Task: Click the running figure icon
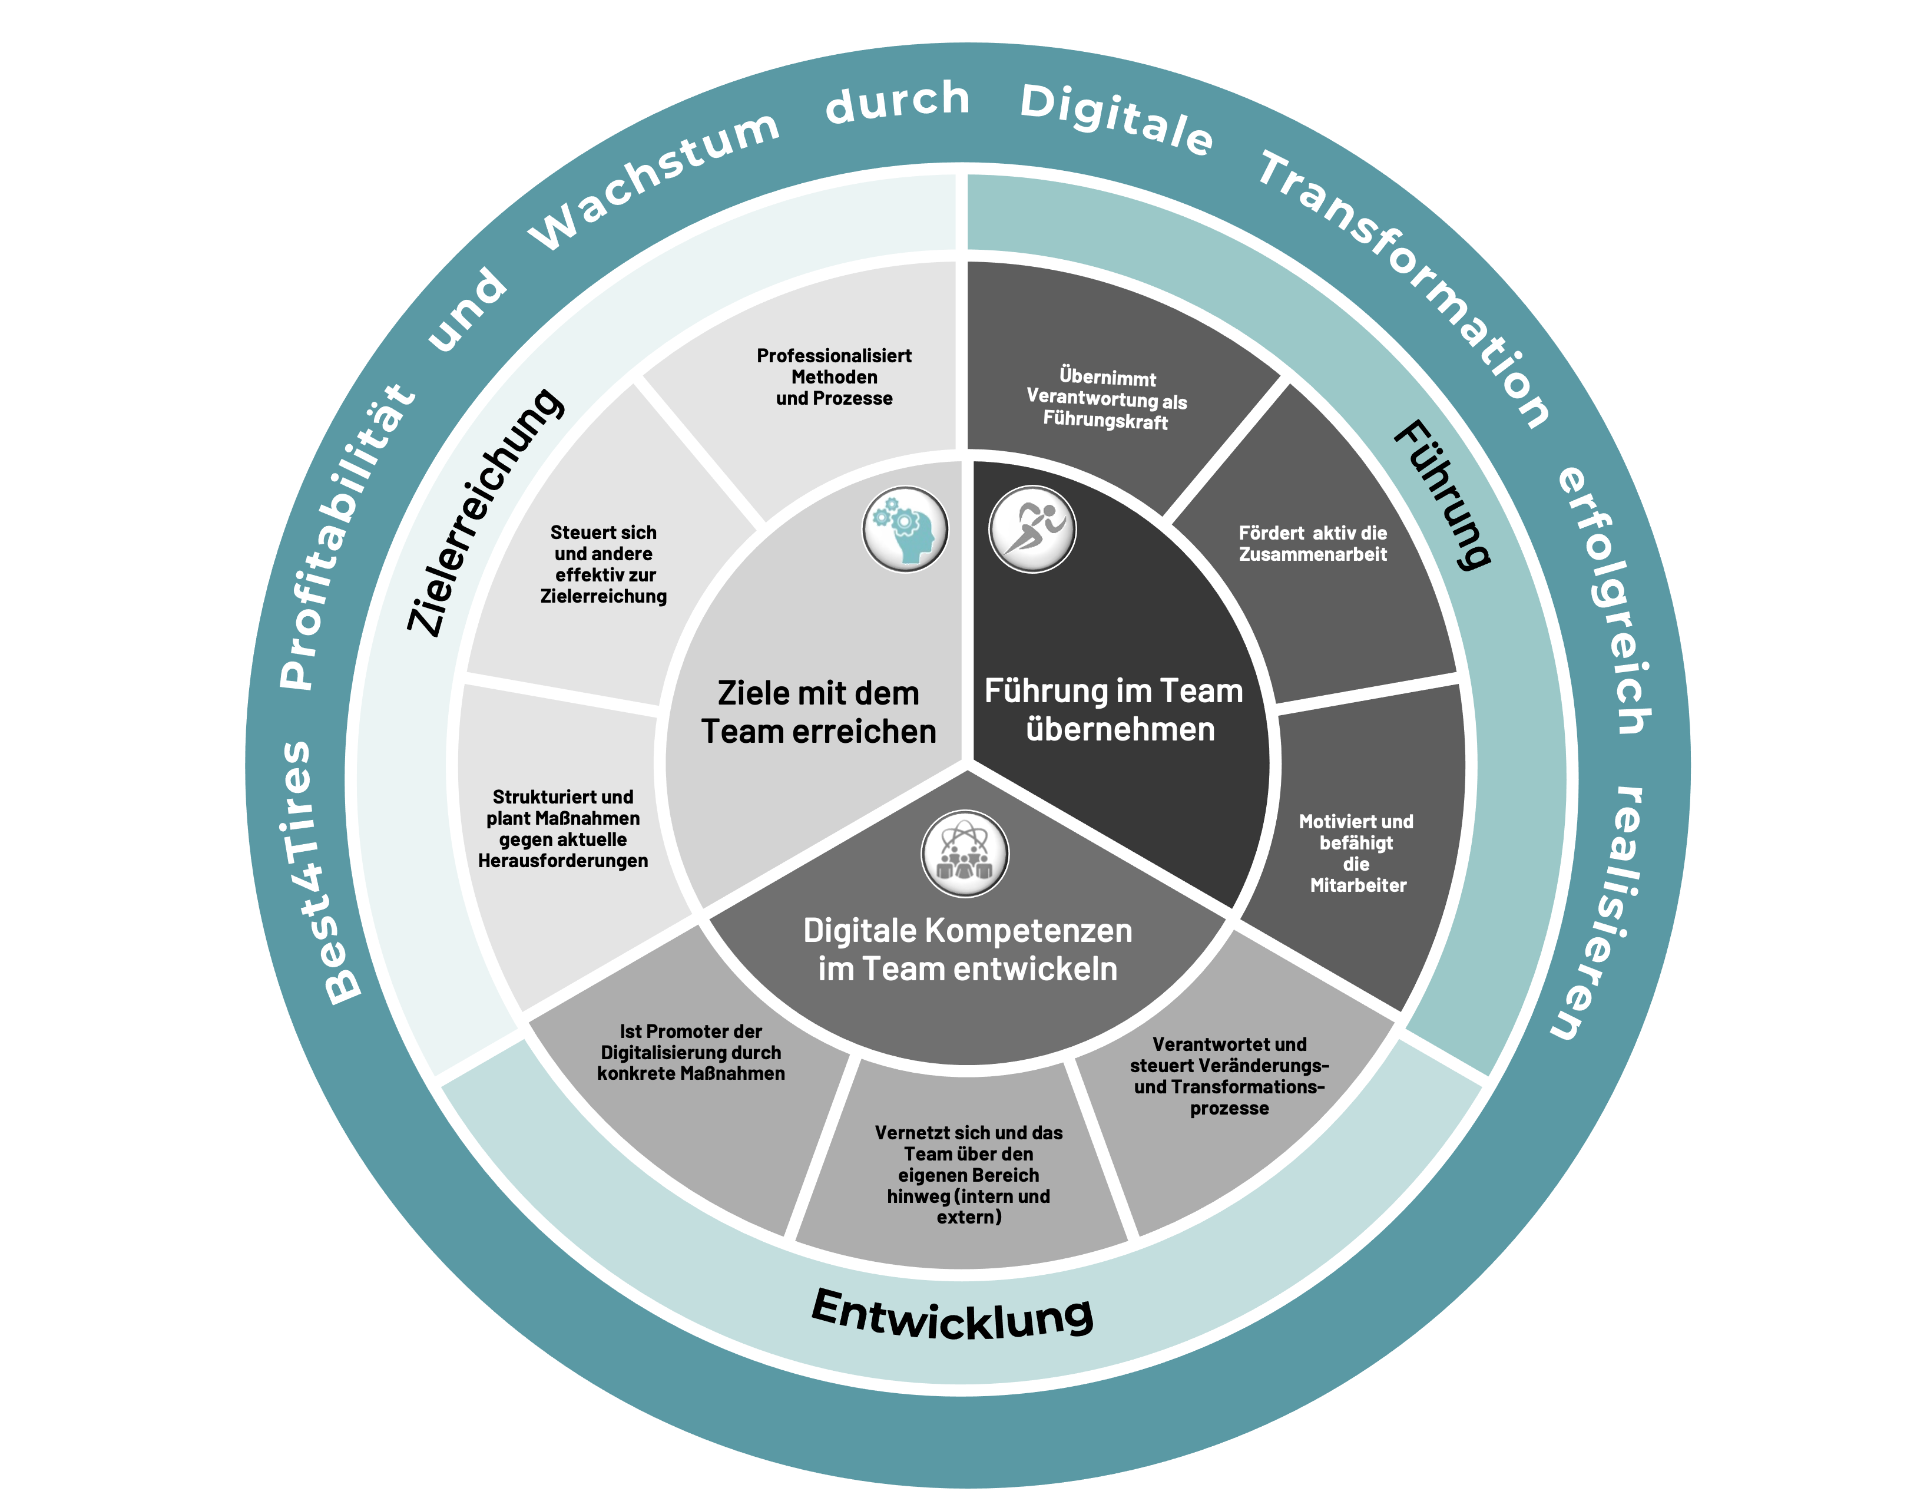(1032, 530)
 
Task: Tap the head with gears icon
(905, 530)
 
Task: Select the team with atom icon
(965, 854)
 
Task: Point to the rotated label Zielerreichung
(484, 512)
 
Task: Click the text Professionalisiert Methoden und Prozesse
(834, 378)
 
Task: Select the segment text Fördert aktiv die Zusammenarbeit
(1312, 544)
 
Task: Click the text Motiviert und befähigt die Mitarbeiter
(1356, 854)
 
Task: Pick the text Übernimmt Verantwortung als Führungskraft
(1107, 400)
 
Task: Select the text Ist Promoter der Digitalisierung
(691, 1053)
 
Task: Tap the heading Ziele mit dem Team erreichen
(818, 712)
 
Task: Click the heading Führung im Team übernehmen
(1114, 710)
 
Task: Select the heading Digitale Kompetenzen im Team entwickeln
(968, 950)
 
